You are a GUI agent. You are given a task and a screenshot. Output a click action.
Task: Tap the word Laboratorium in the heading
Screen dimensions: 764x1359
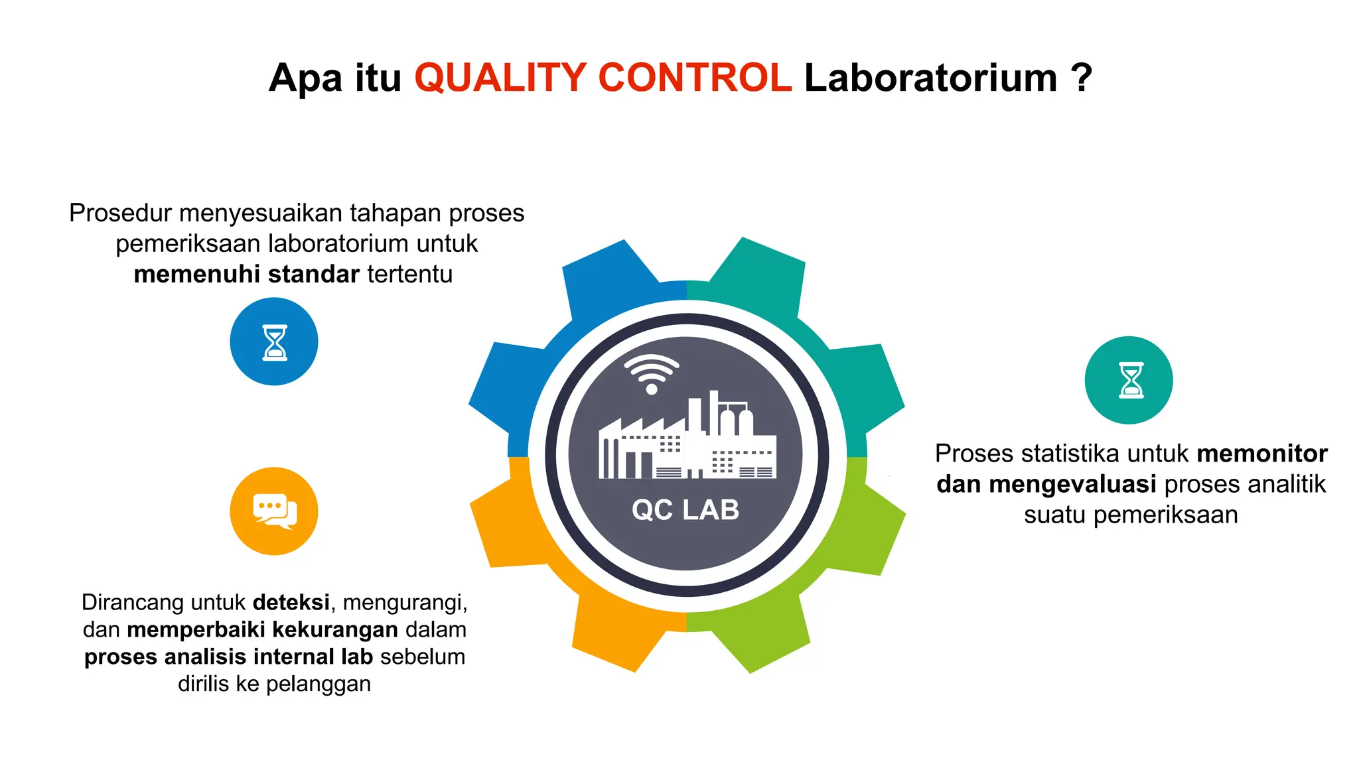[930, 78]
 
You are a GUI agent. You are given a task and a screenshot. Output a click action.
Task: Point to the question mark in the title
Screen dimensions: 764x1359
[1081, 78]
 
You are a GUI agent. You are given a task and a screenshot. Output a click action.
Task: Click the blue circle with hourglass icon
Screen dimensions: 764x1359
[274, 342]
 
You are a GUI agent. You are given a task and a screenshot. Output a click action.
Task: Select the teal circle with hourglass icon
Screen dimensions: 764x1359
[1129, 380]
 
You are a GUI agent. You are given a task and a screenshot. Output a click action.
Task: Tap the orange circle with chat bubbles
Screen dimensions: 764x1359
[274, 511]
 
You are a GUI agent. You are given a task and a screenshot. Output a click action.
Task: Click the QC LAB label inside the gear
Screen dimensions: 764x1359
[685, 510]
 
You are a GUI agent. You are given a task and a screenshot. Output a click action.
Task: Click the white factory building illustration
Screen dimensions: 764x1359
[687, 441]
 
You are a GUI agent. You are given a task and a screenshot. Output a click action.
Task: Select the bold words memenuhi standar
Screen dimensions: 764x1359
[246, 274]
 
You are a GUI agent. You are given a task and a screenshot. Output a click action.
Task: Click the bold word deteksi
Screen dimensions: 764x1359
[291, 602]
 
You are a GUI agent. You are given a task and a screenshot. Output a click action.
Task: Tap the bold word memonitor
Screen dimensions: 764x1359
[1262, 454]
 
